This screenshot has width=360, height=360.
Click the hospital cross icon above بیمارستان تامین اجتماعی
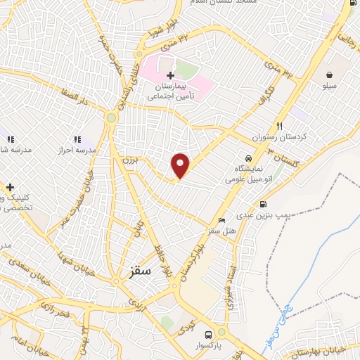[170, 75]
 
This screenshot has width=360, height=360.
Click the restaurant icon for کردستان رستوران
[280, 127]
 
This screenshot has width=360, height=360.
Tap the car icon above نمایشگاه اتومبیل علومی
[249, 159]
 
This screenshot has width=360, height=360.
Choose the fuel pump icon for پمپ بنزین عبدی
[262, 205]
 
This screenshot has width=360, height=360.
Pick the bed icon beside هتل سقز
[222, 221]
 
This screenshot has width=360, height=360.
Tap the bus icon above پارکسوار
[208, 335]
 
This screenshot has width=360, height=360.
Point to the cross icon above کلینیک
[10, 188]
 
